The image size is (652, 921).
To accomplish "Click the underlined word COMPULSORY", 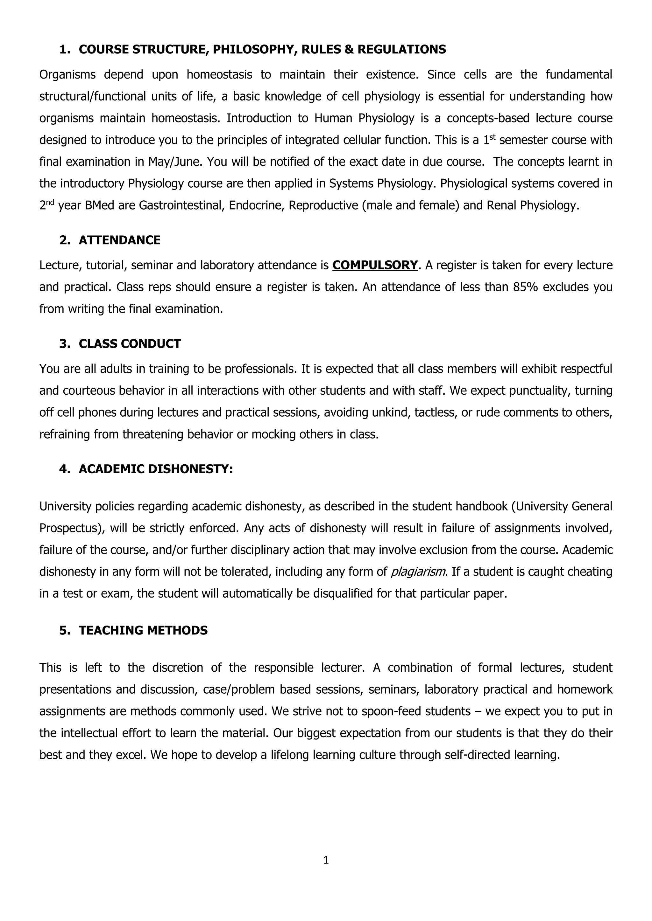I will point(375,265).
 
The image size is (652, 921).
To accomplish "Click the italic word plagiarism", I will point(418,571).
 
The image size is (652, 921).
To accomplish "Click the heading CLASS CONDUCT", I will point(130,344).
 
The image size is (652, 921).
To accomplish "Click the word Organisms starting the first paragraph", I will point(67,75).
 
